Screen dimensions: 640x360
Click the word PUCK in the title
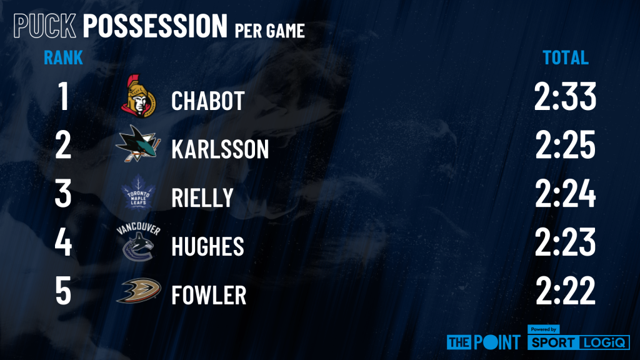point(45,26)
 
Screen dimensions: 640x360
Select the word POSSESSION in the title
point(155,26)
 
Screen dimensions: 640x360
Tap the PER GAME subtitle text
point(270,31)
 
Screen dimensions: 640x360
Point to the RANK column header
point(63,57)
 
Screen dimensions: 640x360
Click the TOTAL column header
point(565,57)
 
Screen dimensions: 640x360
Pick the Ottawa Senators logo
point(139,96)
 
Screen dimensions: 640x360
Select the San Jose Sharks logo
point(138,144)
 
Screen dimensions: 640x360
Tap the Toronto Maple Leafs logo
point(138,192)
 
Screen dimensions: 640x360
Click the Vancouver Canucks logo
point(138,242)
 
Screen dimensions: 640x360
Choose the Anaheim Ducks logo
point(138,291)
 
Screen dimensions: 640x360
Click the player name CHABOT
point(207,101)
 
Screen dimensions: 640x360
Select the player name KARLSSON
point(220,149)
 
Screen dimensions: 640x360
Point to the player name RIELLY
point(202,197)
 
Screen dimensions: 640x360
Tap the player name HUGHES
point(207,246)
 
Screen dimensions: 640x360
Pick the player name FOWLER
point(209,295)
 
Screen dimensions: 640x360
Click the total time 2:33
point(565,96)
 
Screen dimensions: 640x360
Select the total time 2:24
point(565,193)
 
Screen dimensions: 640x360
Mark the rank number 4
point(63,242)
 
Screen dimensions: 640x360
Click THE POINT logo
point(484,342)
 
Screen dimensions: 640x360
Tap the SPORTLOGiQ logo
point(579,338)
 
